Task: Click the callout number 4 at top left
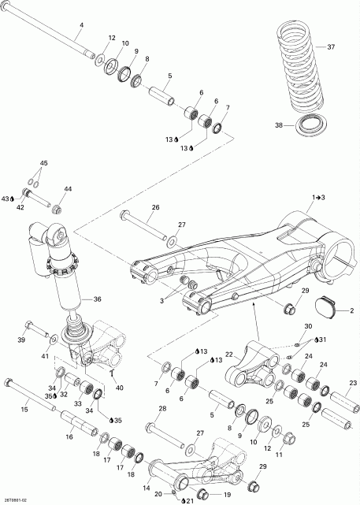[x=80, y=25]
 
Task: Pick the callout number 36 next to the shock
[x=98, y=299]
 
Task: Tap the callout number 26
[x=154, y=208]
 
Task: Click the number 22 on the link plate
[x=230, y=355]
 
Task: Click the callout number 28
[x=161, y=408]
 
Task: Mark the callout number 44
[x=68, y=189]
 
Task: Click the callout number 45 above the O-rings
[x=43, y=163]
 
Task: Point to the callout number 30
[x=308, y=326]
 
